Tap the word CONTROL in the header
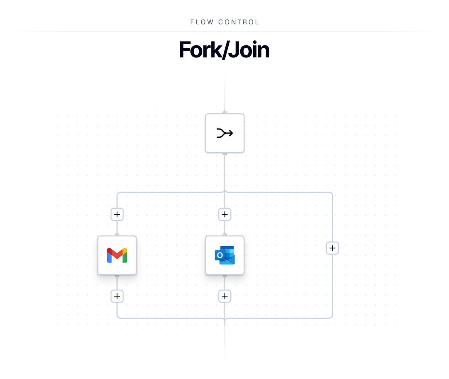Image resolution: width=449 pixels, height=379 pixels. click(x=239, y=22)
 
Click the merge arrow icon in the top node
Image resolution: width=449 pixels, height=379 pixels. click(x=224, y=133)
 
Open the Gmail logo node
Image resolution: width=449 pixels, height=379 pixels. click(x=117, y=255)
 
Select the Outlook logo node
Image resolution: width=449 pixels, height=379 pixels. click(x=224, y=255)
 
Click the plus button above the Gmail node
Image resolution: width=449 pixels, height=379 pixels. click(x=117, y=214)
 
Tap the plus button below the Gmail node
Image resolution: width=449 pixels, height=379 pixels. click(x=117, y=296)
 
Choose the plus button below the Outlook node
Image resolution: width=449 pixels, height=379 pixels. click(x=224, y=296)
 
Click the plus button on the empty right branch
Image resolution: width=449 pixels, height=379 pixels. click(x=332, y=248)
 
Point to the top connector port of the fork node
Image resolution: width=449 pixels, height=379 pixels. click(x=224, y=112)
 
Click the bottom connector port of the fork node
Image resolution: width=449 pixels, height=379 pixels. click(x=224, y=154)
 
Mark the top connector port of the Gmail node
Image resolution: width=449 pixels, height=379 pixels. click(x=117, y=235)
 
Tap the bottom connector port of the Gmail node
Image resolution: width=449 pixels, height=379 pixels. click(x=117, y=276)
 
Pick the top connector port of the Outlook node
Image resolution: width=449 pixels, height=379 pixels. click(x=224, y=235)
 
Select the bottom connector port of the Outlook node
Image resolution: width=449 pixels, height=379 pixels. click(x=224, y=276)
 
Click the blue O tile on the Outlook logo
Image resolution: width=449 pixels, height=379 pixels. click(x=220, y=255)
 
